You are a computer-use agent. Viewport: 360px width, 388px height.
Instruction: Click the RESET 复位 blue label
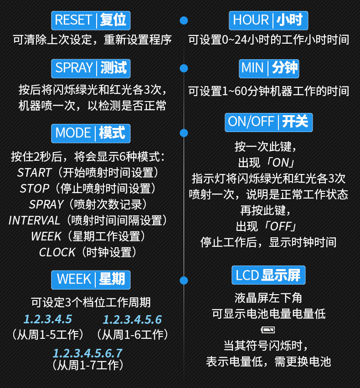click(91, 20)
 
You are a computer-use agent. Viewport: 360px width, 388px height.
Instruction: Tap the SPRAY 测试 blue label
click(91, 68)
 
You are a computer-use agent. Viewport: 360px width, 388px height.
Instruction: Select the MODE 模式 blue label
click(91, 133)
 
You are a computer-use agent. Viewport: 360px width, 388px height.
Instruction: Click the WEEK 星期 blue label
click(91, 279)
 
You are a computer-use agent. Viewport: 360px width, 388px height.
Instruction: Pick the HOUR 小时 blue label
click(268, 20)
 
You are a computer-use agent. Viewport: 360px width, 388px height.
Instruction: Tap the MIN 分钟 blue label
click(269, 68)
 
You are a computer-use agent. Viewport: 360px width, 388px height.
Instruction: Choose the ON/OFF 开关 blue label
click(268, 122)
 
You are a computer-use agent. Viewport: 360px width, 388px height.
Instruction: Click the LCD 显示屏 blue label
click(268, 276)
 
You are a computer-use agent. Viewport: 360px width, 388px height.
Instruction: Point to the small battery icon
click(268, 329)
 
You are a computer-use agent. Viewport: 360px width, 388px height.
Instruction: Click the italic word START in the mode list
click(34, 173)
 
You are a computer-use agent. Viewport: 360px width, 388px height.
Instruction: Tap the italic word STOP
click(34, 189)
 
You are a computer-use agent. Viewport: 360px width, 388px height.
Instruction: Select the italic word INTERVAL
click(34, 220)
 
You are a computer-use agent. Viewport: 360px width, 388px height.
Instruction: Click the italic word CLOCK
click(57, 252)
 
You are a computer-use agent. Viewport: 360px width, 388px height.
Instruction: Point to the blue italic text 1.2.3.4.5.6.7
click(87, 353)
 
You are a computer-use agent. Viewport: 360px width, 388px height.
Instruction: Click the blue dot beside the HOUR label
click(184, 20)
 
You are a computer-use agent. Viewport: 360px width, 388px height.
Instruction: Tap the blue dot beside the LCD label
click(184, 280)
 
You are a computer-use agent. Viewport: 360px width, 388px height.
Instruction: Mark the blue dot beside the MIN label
click(184, 68)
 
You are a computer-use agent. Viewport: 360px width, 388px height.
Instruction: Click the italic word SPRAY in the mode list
click(46, 204)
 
